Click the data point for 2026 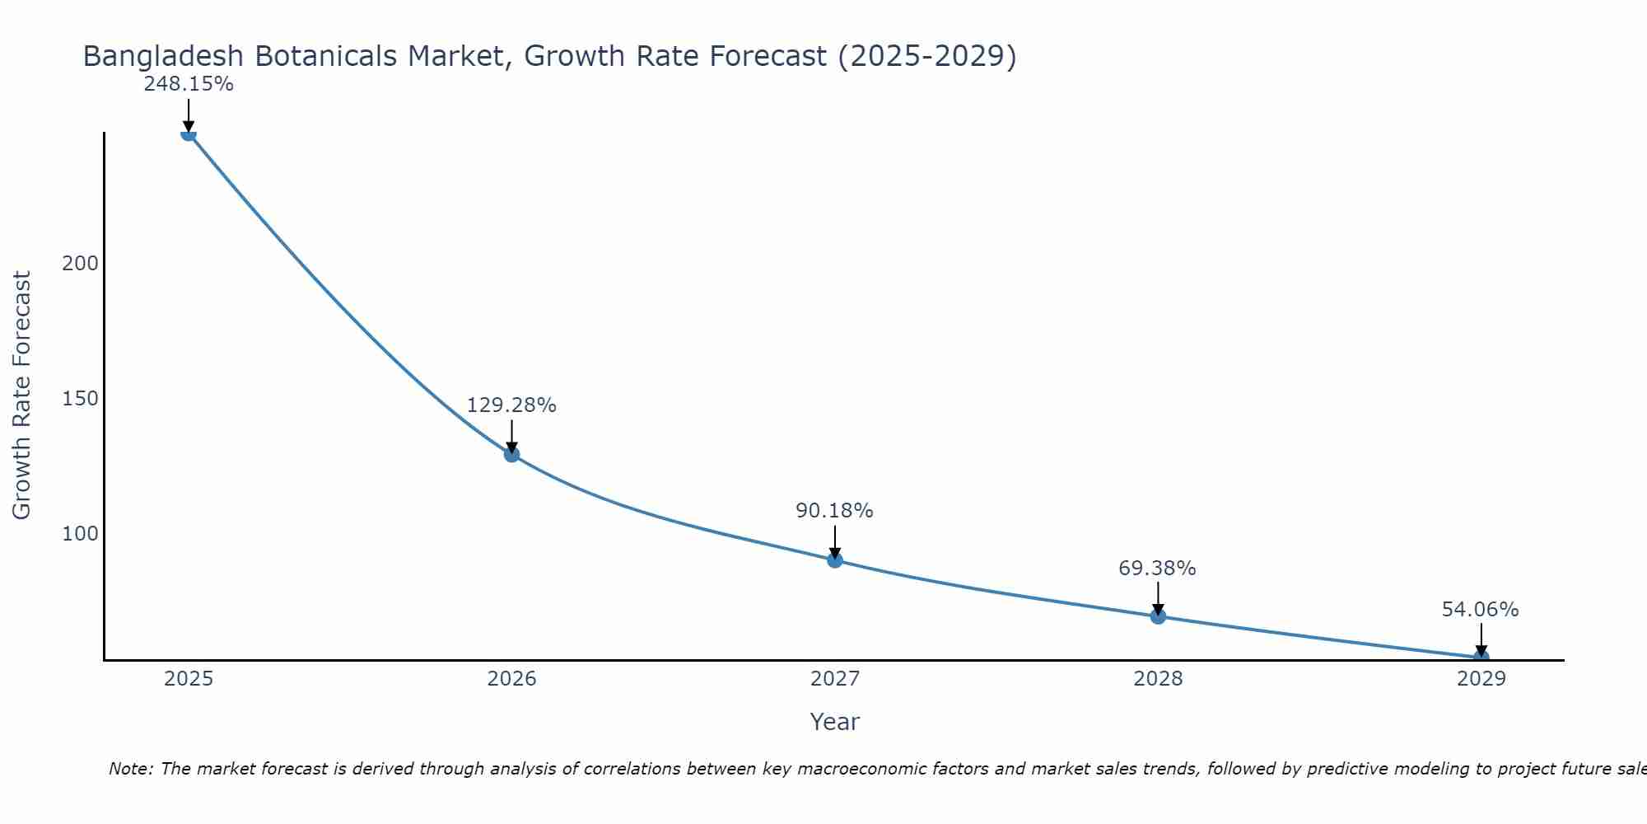click(x=511, y=454)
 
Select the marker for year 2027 click(x=835, y=560)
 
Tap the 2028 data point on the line click(x=1158, y=616)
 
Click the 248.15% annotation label click(x=189, y=84)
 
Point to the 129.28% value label click(x=511, y=405)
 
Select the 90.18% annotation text click(x=834, y=511)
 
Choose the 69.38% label click(x=1157, y=569)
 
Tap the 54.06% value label click(x=1480, y=610)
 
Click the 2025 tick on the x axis click(x=189, y=679)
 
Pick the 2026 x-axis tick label click(x=511, y=679)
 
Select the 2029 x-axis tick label click(x=1481, y=679)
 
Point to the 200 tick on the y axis click(x=80, y=264)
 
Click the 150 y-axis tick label click(x=80, y=399)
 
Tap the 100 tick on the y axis click(x=80, y=534)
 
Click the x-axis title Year click(x=834, y=722)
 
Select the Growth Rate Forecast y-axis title click(x=22, y=396)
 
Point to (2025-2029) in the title click(x=926, y=56)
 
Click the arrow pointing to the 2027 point click(x=835, y=541)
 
